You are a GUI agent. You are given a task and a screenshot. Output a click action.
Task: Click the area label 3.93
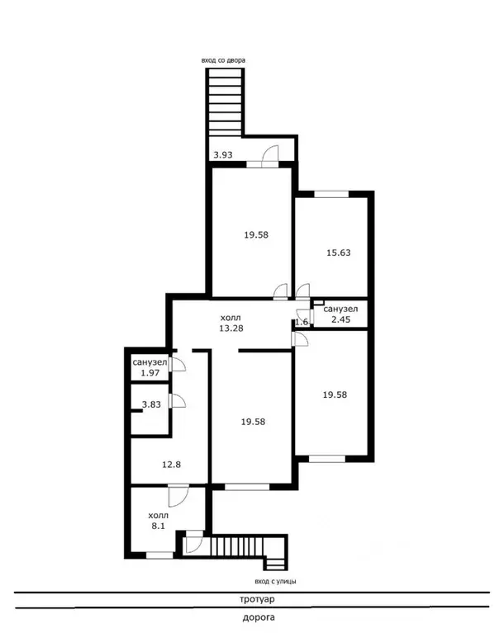[x=222, y=154]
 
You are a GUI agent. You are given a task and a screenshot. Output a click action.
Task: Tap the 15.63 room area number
[x=338, y=253]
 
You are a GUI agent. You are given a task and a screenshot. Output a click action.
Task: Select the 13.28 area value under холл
[x=231, y=328]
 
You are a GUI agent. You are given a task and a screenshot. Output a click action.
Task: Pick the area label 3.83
[x=151, y=404]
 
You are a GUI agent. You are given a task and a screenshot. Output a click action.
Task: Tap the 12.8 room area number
[x=171, y=465]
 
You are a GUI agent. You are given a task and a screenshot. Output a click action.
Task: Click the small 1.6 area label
[x=302, y=322]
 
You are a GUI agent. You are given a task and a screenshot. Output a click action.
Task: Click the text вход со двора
[x=223, y=60]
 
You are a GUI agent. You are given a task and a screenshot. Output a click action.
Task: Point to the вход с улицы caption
[x=275, y=581]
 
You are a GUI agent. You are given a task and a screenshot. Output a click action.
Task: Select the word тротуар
[x=257, y=599]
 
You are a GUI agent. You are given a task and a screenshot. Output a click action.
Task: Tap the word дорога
[x=259, y=617]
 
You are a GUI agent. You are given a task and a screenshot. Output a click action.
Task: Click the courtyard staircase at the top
[x=225, y=102]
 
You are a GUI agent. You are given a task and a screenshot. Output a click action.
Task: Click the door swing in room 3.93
[x=270, y=156]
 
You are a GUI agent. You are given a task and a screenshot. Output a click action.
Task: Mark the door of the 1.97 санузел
[x=178, y=364]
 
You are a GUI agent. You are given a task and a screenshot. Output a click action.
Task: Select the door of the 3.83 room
[x=178, y=400]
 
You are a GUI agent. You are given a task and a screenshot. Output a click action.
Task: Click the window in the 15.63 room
[x=331, y=194]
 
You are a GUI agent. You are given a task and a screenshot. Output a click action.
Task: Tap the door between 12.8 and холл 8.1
[x=178, y=496]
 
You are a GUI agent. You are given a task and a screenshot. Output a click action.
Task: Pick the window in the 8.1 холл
[x=159, y=555]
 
